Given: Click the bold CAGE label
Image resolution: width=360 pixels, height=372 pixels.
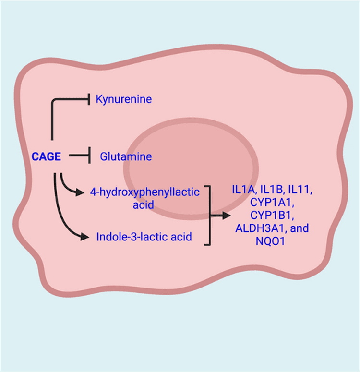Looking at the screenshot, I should (x=46, y=156).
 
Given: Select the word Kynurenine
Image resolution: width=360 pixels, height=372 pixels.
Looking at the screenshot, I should (x=124, y=99).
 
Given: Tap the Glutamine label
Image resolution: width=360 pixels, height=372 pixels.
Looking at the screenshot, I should (x=126, y=156).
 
